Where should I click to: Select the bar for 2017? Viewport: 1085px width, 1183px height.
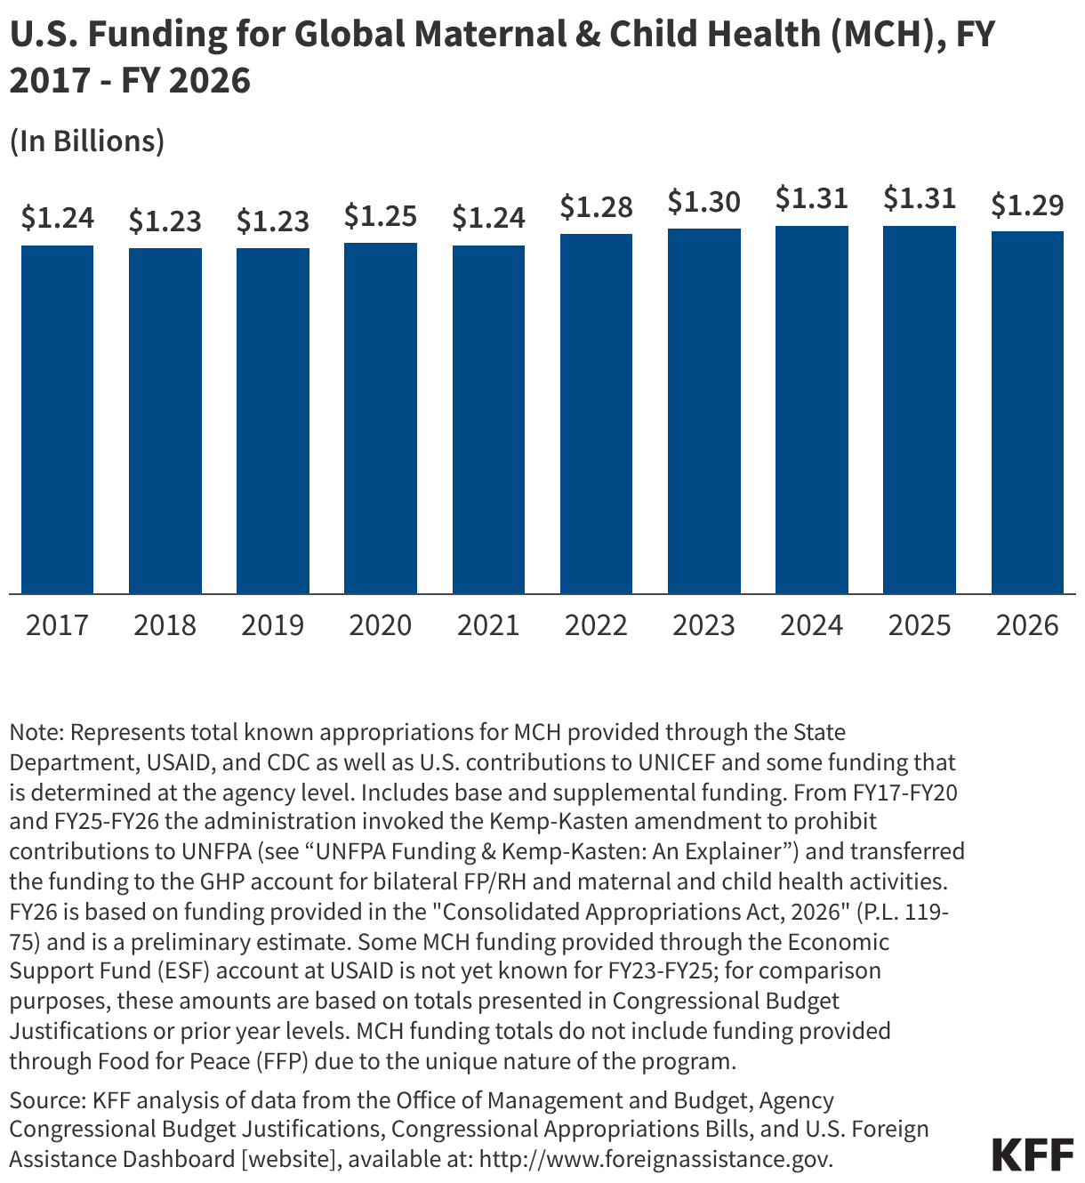coord(58,419)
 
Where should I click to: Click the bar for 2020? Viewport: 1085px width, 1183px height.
coord(381,418)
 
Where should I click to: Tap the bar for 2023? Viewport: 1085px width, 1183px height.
coord(704,411)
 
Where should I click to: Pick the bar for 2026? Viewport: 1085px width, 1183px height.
coord(1027,412)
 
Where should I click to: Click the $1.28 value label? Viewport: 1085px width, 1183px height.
coord(596,207)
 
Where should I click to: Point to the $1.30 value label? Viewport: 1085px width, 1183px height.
coord(703,202)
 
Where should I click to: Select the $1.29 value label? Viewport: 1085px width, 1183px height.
coord(1027,205)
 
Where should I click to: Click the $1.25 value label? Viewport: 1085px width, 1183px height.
coord(381,215)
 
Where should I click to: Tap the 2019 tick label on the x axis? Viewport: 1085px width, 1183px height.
coord(272,625)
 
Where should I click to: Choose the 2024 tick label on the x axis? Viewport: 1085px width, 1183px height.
coord(811,625)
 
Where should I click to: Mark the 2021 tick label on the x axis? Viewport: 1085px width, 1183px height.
coord(488,625)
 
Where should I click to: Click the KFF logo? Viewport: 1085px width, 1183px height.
coord(1033,1154)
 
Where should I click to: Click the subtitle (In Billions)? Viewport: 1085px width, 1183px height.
coord(87,141)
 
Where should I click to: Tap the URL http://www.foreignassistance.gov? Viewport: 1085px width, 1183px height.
coord(656,1159)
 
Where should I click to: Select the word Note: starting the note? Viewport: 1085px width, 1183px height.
coord(36,732)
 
